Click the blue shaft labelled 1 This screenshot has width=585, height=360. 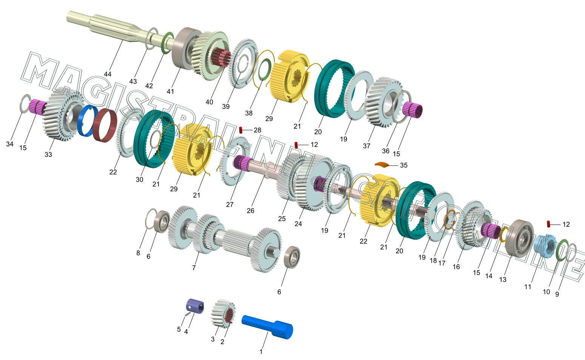268,326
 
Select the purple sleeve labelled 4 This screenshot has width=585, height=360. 195,306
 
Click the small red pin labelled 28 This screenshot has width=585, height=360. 241,130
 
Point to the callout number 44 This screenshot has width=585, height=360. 108,74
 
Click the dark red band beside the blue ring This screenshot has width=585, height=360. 105,125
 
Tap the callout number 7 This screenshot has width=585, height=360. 194,268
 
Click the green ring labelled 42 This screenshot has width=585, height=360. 168,43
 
